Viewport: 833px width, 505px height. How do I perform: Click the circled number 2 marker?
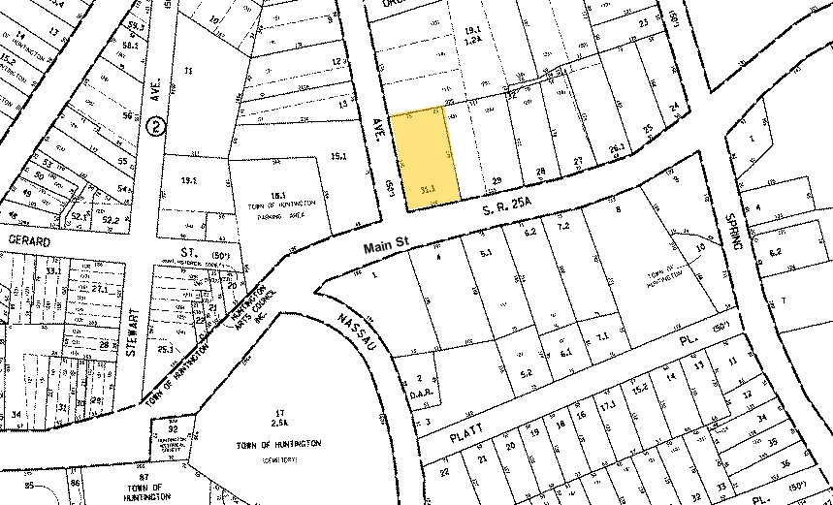tap(154, 126)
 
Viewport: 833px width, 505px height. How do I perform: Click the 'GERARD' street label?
tap(29, 237)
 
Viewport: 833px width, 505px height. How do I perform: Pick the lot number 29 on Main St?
tap(497, 181)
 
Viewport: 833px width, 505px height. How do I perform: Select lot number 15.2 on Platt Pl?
tap(640, 389)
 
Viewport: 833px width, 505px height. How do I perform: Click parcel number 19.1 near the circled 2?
tap(188, 179)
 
